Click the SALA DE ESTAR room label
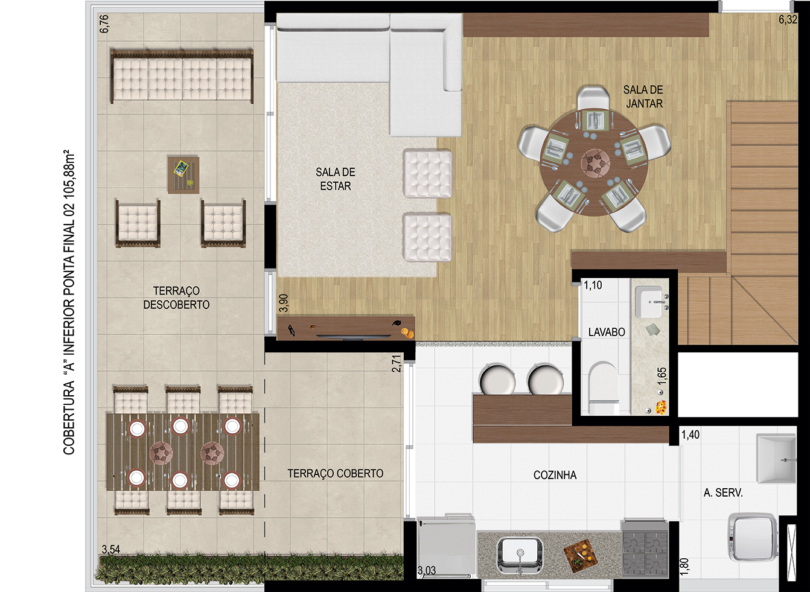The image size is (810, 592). [x=335, y=179]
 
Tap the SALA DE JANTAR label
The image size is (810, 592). [x=643, y=97]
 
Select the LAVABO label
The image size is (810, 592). [x=607, y=332]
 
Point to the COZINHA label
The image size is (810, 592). [x=555, y=475]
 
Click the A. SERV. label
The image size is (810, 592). [x=723, y=492]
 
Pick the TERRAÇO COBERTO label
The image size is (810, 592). [x=335, y=473]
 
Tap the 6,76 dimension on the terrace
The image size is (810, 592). [x=104, y=24]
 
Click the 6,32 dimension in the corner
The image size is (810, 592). [x=788, y=19]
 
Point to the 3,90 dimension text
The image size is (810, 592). [x=284, y=303]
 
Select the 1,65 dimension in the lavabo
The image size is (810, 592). [x=662, y=377]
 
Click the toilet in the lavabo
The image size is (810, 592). [x=602, y=387]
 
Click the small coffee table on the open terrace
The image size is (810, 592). [x=183, y=175]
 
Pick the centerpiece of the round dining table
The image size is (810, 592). [x=595, y=163]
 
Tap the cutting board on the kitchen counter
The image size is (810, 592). [x=579, y=555]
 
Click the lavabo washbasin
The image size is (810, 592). [x=650, y=302]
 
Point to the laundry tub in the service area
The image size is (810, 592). [x=776, y=459]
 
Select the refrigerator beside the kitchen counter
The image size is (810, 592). [x=446, y=546]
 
